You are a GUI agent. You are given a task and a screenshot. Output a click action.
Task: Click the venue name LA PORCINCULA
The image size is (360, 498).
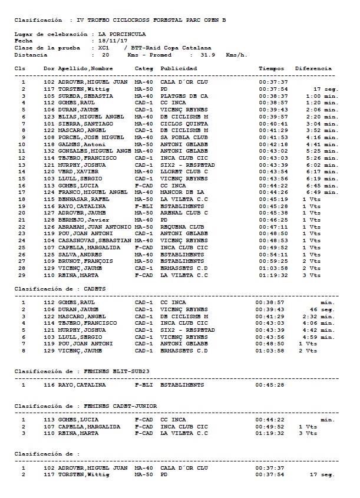pos(122,34)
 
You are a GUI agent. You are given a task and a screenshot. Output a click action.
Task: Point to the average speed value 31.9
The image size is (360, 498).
pos(207,55)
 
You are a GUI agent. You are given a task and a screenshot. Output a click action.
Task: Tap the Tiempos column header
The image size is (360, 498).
pos(272,68)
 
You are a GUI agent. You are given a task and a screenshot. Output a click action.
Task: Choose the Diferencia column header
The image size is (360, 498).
pos(313,68)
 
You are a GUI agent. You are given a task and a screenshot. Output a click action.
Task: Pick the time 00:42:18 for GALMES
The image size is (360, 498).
pos(273,144)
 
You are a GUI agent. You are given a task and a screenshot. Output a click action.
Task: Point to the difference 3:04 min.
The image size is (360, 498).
pos(322,124)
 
